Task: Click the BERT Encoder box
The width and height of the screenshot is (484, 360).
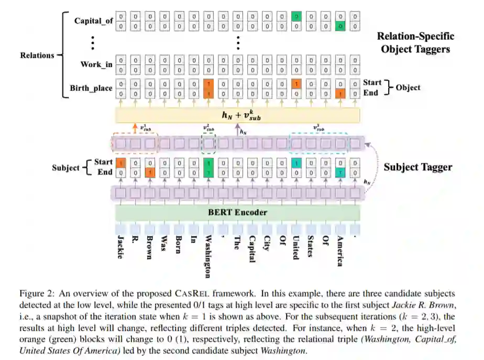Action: [x=237, y=212]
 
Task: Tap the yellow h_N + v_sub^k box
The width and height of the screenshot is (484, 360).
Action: [x=237, y=115]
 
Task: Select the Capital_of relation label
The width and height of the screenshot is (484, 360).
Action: [x=93, y=21]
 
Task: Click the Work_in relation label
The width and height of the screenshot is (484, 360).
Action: [x=96, y=64]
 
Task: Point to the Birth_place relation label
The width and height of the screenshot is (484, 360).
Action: [x=91, y=88]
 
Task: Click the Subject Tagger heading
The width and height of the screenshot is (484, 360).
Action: [x=418, y=167]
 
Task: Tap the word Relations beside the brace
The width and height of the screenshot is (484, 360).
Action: [x=37, y=54]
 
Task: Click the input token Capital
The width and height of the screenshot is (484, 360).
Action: [x=252, y=249]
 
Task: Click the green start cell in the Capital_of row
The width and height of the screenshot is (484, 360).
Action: [x=296, y=17]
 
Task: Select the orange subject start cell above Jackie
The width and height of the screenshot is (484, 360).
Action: [x=120, y=163]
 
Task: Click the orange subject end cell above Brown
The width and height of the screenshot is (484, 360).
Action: [x=150, y=172]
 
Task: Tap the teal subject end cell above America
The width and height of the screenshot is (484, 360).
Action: [x=340, y=172]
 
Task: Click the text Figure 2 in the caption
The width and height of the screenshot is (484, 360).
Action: [x=35, y=293]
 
